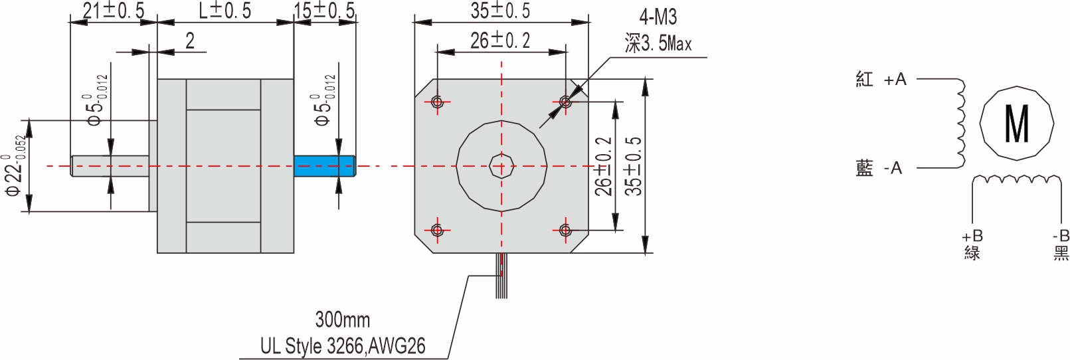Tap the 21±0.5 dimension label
click(113, 11)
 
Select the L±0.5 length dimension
click(225, 11)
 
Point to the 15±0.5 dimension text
click(325, 11)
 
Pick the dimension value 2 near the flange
click(190, 41)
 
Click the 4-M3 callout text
click(658, 17)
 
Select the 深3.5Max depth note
click(658, 44)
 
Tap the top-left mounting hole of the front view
click(437, 102)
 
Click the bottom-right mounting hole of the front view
click(565, 230)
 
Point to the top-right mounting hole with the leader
click(565, 102)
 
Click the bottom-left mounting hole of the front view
click(437, 230)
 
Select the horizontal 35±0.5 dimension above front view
click(500, 11)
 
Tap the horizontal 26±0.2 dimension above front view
click(500, 41)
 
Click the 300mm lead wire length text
click(342, 319)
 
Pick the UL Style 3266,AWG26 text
click(342, 346)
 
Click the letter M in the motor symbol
click(1016, 124)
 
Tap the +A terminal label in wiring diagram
click(895, 80)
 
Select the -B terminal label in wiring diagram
click(1061, 236)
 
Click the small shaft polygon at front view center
click(501, 166)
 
